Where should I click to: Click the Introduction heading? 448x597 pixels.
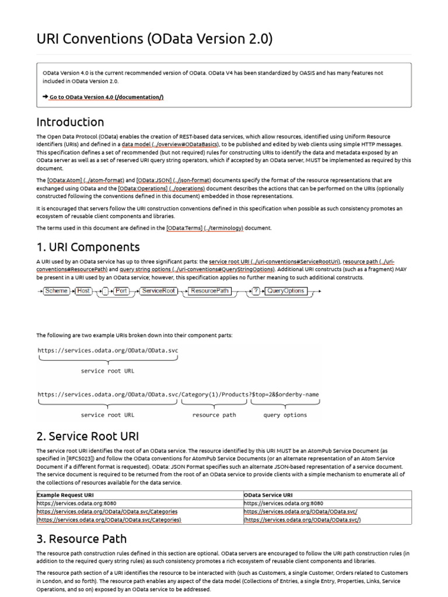pyautogui.click(x=70, y=122)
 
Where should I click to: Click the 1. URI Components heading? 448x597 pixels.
pyautogui.click(x=88, y=247)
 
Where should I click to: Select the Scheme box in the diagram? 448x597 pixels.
pyautogui.click(x=57, y=290)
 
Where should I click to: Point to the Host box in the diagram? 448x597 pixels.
pyautogui.click(x=84, y=290)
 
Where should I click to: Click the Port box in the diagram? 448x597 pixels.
pyautogui.click(x=121, y=290)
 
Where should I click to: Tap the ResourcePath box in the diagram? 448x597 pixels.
pyautogui.click(x=209, y=290)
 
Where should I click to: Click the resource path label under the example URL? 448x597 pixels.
pyautogui.click(x=214, y=415)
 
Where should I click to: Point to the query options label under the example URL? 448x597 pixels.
pyautogui.click(x=285, y=415)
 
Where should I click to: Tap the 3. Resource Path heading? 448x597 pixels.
pyautogui.click(x=81, y=538)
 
